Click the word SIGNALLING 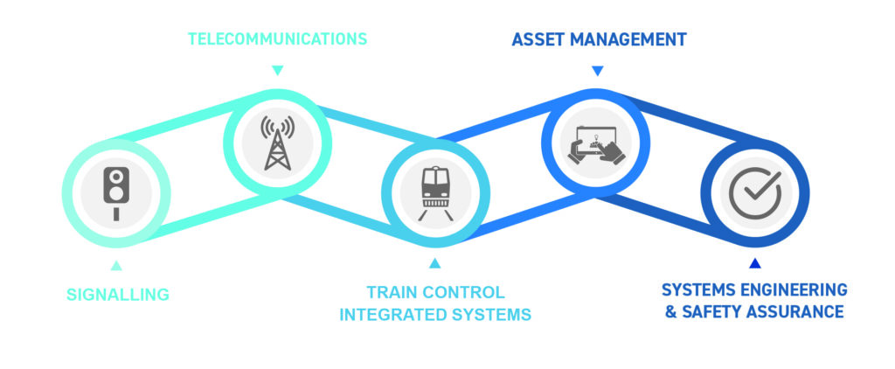(x=118, y=295)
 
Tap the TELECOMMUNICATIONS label (x=277, y=38)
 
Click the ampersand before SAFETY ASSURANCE (x=670, y=312)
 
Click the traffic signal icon (x=116, y=193)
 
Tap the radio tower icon (x=277, y=143)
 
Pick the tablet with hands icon (x=596, y=145)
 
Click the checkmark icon (x=755, y=193)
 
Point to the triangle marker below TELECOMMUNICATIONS (x=277, y=70)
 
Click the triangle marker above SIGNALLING (x=116, y=265)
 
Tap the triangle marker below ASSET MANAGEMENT (x=597, y=71)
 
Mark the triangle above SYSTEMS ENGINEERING (x=755, y=262)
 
